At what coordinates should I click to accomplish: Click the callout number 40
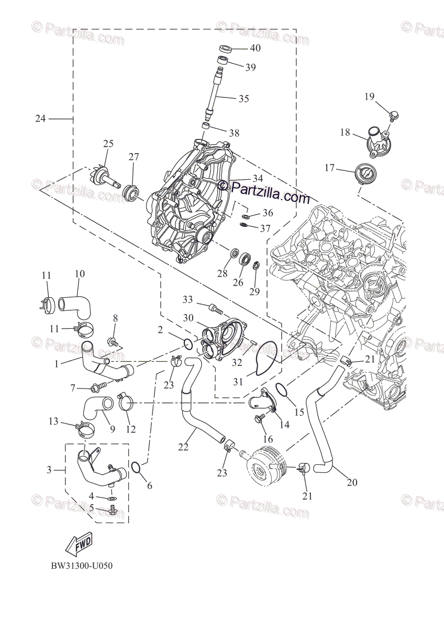click(255, 48)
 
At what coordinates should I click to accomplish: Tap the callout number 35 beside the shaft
click(243, 99)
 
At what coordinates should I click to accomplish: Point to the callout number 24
click(40, 118)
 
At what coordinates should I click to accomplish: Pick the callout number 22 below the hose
click(183, 447)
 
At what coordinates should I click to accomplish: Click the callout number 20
click(352, 482)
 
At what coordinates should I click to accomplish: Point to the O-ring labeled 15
click(281, 390)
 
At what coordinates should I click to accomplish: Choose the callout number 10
click(80, 274)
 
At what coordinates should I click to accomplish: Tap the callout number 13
click(53, 421)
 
